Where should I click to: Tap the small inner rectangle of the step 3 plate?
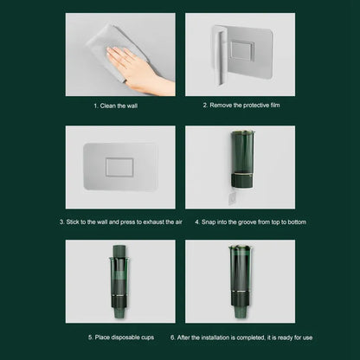119,166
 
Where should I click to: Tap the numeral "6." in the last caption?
173,337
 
